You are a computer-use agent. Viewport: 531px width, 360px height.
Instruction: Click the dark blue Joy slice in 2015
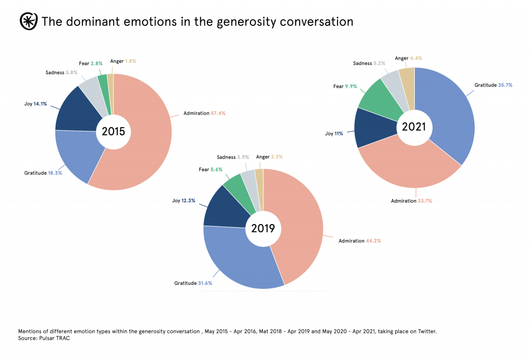pyautogui.click(x=78, y=112)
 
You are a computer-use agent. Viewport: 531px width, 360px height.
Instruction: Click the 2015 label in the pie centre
pyautogui.click(x=114, y=132)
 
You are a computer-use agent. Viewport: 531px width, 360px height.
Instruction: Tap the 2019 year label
pyautogui.click(x=263, y=228)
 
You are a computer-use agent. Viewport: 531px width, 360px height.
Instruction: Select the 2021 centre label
pyautogui.click(x=414, y=126)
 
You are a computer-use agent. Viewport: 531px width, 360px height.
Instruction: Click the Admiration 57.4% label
pyautogui.click(x=204, y=113)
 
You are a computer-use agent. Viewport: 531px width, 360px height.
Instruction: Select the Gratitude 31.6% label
pyautogui.click(x=193, y=283)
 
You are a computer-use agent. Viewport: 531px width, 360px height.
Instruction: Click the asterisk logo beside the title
pyautogui.click(x=27, y=22)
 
